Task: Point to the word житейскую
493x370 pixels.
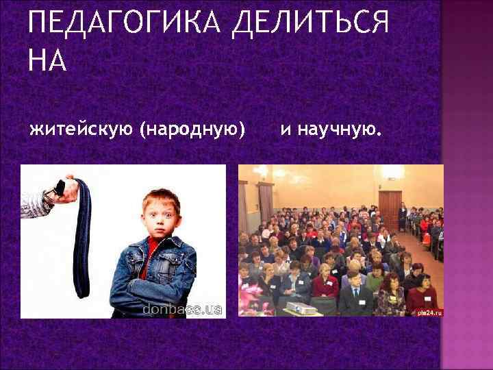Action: pyautogui.click(x=81, y=128)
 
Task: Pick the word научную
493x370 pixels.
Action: pyautogui.click(x=338, y=127)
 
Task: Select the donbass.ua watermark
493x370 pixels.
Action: pyautogui.click(x=181, y=310)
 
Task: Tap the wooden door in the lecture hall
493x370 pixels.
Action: pyautogui.click(x=390, y=209)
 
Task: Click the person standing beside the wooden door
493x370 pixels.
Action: pyautogui.click(x=402, y=217)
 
